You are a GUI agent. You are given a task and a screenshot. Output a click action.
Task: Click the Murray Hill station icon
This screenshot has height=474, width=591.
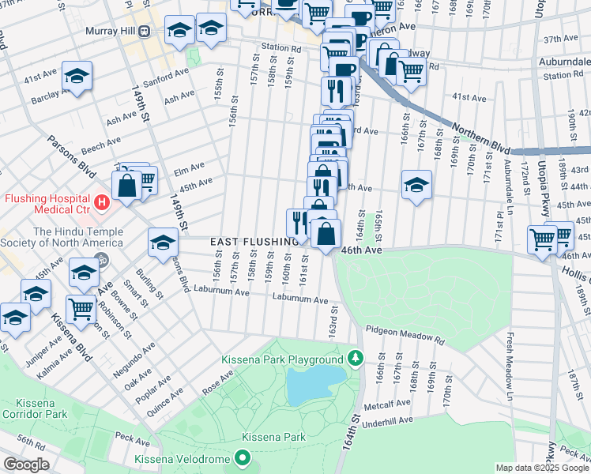pos(144,31)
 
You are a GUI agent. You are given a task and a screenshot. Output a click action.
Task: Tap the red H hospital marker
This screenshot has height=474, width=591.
pos(100,203)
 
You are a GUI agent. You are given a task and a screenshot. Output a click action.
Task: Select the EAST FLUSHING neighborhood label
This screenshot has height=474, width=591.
pos(249,241)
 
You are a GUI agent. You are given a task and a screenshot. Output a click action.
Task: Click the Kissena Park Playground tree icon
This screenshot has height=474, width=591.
pos(356,359)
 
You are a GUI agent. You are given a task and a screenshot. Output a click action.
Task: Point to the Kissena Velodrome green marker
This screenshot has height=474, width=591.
pos(243,459)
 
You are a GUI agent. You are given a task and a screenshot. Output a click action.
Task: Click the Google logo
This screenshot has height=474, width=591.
pos(27,464)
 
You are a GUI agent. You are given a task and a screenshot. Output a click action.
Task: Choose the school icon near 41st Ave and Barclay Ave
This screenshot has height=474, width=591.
pos(77,76)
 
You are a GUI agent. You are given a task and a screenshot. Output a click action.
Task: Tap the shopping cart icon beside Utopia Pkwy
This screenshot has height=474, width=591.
pos(542,238)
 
